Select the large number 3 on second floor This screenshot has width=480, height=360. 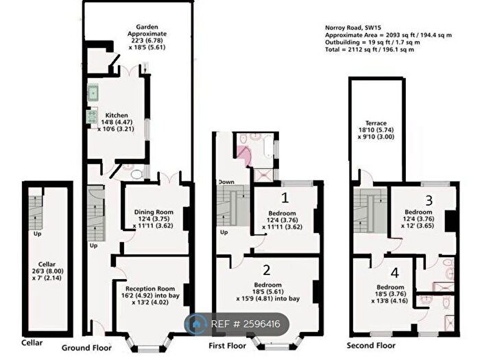428,201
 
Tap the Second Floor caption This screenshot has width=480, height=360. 371,347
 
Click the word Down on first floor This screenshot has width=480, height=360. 226,182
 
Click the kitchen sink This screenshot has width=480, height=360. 94,93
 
